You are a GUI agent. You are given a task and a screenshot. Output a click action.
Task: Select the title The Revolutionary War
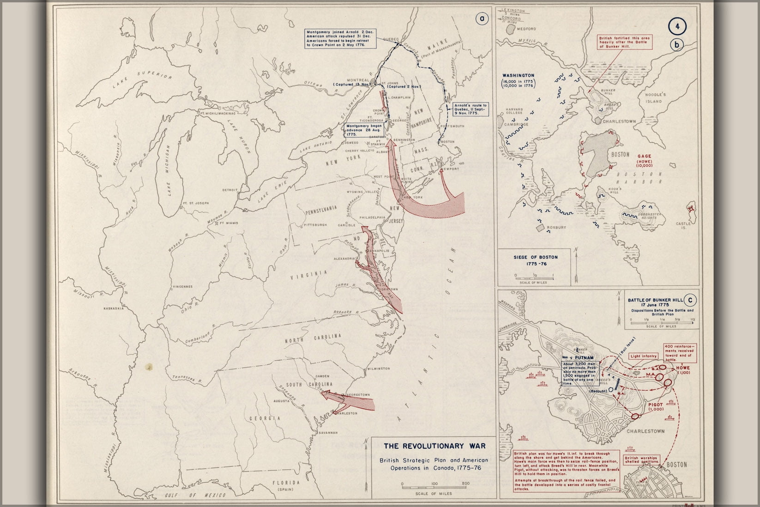[434, 446]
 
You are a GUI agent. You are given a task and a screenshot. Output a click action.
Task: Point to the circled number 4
[677, 26]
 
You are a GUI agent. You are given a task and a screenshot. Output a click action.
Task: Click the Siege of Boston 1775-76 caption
[535, 261]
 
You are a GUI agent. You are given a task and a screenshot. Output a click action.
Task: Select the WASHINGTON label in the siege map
[518, 75]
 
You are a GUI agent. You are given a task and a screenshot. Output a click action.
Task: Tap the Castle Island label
[683, 226]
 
